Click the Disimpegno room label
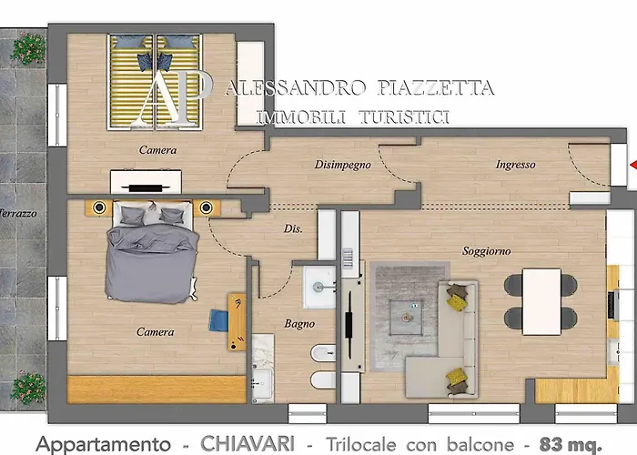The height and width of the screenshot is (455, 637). (x=343, y=165)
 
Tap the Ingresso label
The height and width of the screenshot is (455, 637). (x=516, y=165)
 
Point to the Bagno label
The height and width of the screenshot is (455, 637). (x=299, y=323)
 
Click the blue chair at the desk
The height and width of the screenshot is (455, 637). (x=220, y=320)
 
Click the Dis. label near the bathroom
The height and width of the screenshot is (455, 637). (x=293, y=228)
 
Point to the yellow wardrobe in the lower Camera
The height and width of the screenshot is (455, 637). (x=157, y=389)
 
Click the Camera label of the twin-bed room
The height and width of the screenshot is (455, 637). (x=157, y=149)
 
